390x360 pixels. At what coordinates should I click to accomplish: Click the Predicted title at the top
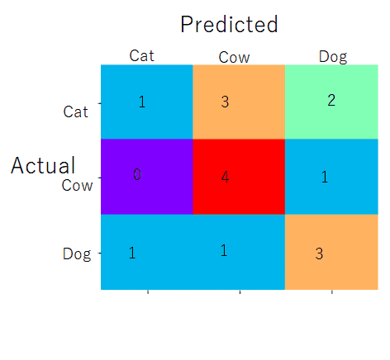point(229,24)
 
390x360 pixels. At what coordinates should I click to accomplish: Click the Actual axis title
point(43,165)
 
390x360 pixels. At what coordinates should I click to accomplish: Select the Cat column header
point(141,55)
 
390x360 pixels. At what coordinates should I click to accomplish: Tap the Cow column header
point(234,58)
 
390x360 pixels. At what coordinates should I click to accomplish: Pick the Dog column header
point(333,57)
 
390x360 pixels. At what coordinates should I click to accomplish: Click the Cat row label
point(75,111)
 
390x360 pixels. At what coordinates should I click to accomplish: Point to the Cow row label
point(77,185)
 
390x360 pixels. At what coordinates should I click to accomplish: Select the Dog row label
point(77,254)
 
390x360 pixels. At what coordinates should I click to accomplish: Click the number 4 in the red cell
point(226,177)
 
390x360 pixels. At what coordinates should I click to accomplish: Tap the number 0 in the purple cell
point(137,174)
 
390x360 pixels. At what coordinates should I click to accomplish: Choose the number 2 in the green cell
point(331,100)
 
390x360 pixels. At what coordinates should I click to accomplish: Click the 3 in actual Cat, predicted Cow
point(225,102)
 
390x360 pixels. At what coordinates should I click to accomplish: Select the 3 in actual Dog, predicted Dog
point(319,253)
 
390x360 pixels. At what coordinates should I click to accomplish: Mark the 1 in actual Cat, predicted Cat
point(142,102)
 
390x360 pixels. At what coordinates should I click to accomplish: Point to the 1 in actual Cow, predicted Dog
point(325,177)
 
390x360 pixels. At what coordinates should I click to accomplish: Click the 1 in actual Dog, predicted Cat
point(132,253)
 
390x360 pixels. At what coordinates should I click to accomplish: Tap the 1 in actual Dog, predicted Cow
point(224,251)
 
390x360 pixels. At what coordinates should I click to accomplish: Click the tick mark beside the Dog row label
point(99,253)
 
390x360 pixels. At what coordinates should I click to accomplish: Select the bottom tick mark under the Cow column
point(240,291)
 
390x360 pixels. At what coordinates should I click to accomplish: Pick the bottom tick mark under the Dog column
point(332,291)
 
